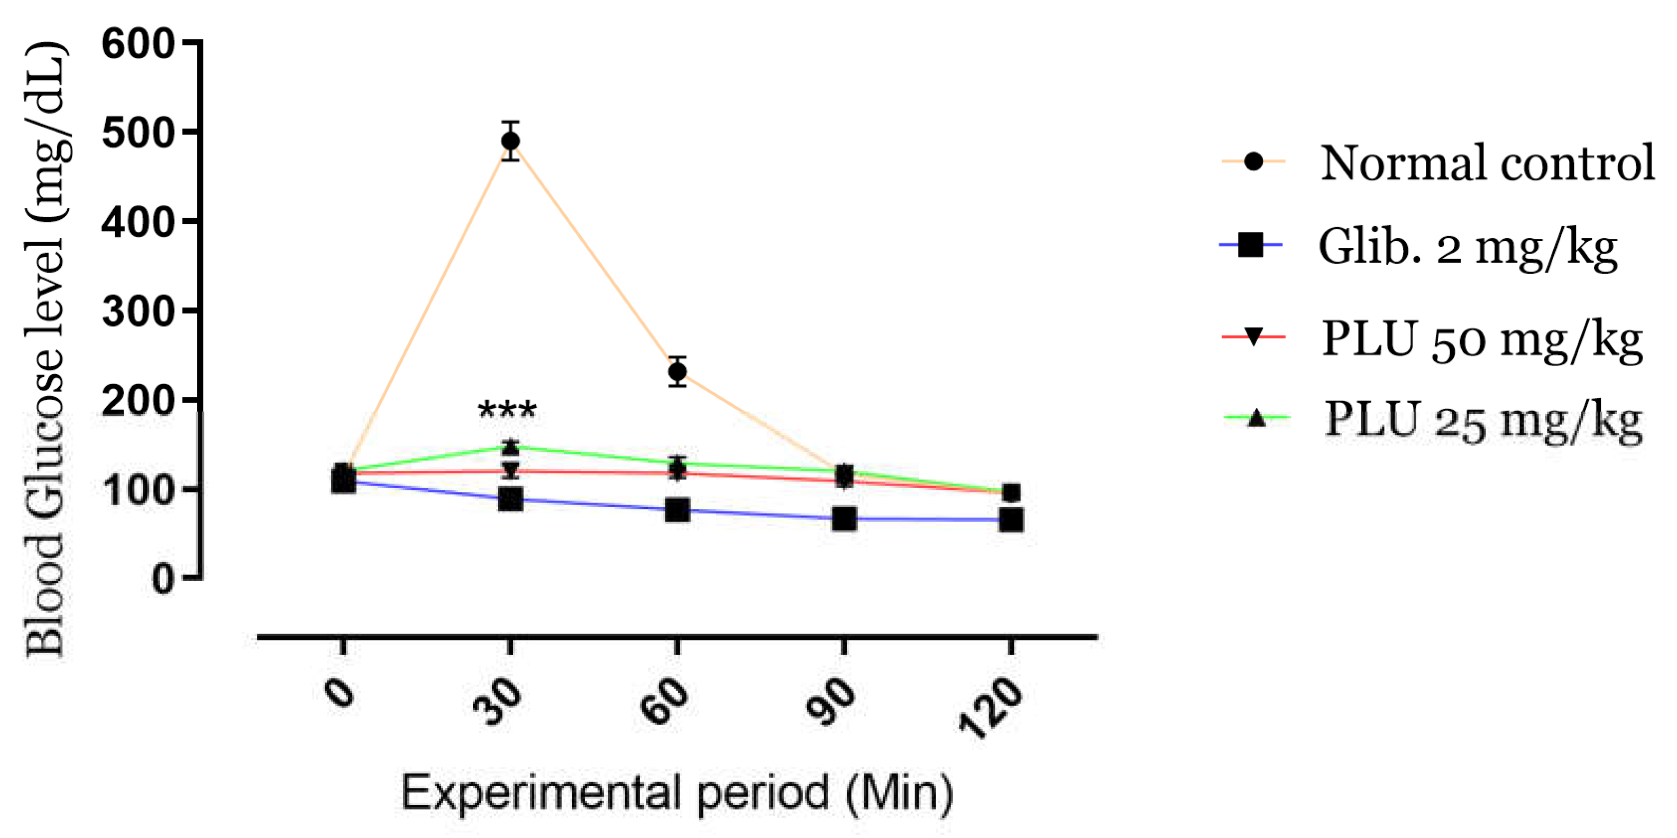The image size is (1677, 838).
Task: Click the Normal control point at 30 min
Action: [511, 141]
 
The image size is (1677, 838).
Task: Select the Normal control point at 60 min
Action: [677, 371]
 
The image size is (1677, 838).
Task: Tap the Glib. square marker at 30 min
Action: [510, 500]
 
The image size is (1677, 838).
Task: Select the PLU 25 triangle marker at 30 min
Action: [511, 447]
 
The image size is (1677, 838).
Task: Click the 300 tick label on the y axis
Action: [139, 311]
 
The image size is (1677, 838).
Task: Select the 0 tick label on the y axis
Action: [163, 578]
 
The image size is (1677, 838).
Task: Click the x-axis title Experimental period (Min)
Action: [677, 793]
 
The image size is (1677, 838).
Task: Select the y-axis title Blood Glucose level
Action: [45, 351]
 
